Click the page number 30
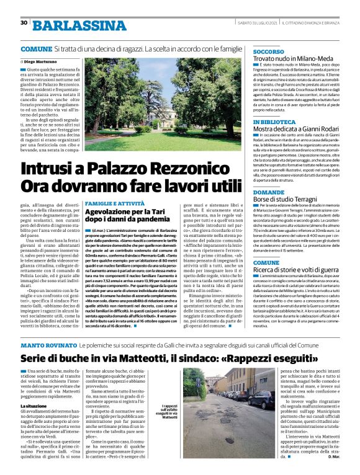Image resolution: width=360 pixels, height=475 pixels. point(24,23)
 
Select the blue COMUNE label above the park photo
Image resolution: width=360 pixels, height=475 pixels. point(36,48)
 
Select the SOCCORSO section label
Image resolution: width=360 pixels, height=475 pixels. point(269,51)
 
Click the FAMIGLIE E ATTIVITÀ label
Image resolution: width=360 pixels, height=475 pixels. point(114,204)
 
